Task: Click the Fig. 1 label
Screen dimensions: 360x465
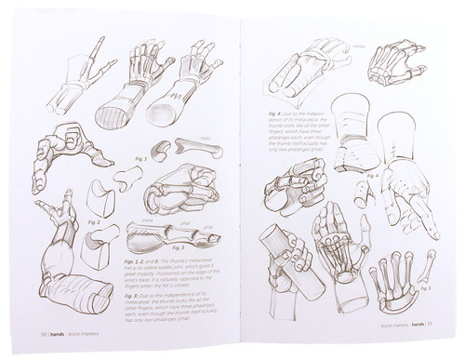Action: (x=141, y=159)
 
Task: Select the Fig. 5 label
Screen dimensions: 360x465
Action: (x=423, y=288)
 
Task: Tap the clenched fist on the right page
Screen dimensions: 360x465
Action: (x=299, y=185)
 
